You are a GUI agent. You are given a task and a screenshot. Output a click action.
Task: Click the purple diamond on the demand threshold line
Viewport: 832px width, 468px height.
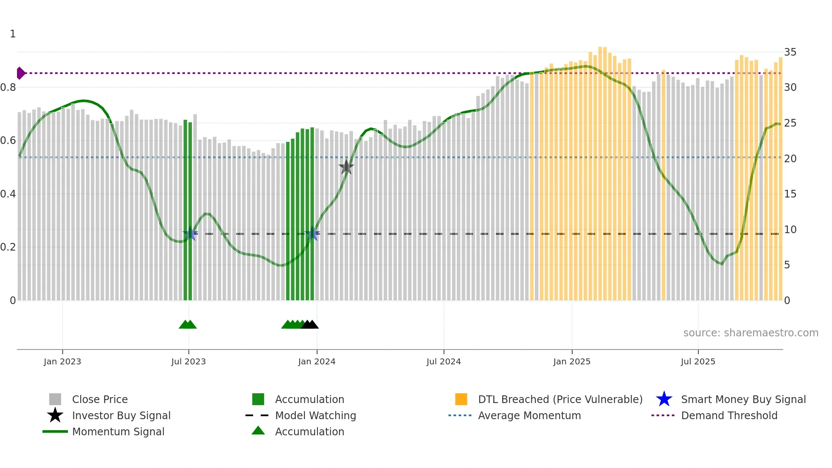tap(20, 73)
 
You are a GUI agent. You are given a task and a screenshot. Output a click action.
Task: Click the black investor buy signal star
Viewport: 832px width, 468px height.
tap(346, 167)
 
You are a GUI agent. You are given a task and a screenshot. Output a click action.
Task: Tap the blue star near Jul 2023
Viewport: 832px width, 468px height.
tap(189, 234)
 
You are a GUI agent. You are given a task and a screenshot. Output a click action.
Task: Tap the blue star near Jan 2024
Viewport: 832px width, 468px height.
tap(312, 234)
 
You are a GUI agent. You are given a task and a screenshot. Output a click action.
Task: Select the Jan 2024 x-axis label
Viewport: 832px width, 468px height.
tap(317, 361)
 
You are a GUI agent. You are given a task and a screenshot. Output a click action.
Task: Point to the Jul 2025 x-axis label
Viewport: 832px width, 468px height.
tap(698, 361)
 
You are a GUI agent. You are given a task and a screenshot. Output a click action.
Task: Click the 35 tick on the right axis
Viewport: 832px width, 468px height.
tap(790, 52)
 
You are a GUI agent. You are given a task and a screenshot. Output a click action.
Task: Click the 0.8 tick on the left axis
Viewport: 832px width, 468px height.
tap(8, 87)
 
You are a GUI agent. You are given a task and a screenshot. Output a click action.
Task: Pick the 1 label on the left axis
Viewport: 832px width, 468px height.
tap(13, 34)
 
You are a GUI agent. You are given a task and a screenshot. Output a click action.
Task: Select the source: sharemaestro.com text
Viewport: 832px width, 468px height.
tap(750, 333)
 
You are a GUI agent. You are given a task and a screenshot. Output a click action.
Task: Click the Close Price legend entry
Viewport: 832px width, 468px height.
tap(99, 399)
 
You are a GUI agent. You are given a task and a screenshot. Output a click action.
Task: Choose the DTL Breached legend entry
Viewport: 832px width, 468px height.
tap(560, 399)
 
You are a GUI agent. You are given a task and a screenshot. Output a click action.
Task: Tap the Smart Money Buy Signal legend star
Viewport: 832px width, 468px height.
tap(664, 399)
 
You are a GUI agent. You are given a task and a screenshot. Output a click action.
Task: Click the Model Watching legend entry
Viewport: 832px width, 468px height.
tap(315, 415)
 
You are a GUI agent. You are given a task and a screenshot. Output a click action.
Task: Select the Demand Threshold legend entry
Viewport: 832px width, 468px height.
tap(729, 415)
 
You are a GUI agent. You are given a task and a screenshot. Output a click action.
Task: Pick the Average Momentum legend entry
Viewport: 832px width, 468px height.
tap(529, 415)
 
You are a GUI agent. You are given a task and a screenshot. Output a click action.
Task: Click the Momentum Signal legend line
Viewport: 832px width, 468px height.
tap(55, 431)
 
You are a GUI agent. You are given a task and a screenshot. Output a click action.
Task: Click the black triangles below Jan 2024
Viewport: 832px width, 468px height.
tap(310, 324)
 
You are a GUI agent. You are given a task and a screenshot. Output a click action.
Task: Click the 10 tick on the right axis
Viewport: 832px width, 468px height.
tap(790, 230)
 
